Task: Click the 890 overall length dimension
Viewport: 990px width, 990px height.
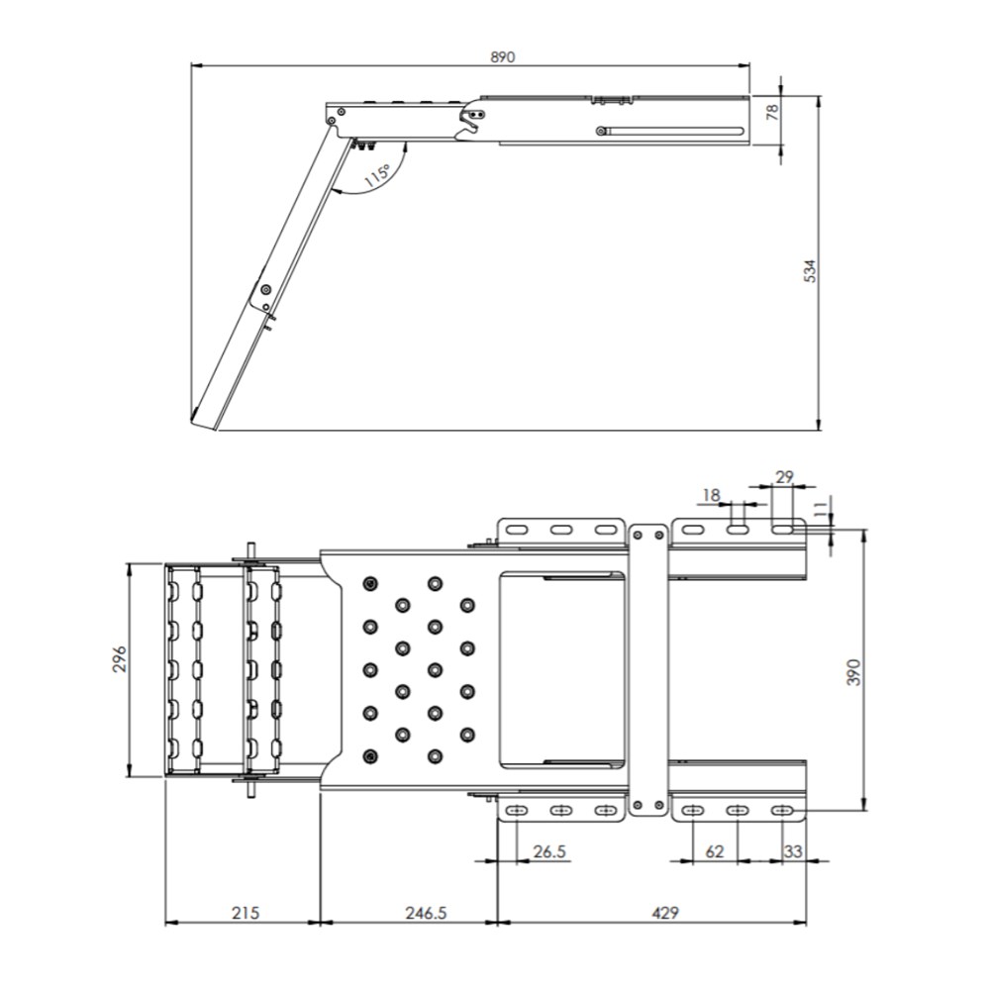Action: click(503, 56)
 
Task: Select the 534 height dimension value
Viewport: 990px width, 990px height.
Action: click(810, 271)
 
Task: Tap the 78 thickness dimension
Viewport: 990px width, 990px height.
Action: click(771, 113)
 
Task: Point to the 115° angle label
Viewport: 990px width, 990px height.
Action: click(377, 173)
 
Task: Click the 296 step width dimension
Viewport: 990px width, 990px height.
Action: click(120, 658)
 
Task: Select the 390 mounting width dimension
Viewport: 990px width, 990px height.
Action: click(853, 672)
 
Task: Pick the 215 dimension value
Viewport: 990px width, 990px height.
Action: click(246, 913)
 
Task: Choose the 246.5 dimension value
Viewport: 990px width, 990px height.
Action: click(426, 913)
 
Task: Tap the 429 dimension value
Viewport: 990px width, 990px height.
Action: click(665, 913)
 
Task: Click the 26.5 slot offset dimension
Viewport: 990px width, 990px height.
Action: click(549, 851)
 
